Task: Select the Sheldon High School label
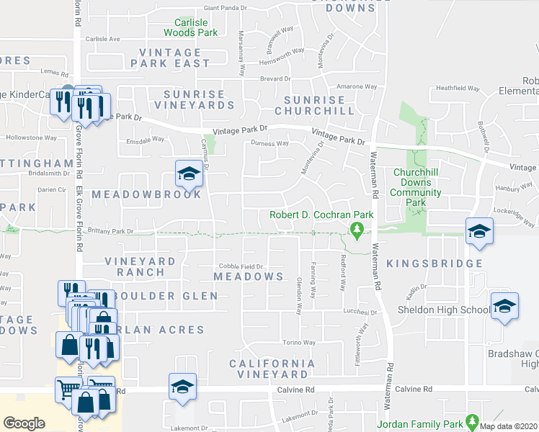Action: click(x=445, y=310)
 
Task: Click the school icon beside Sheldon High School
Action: click(x=504, y=305)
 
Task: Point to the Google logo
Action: click(x=24, y=423)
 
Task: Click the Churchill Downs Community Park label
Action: click(x=422, y=187)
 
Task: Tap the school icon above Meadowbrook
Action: click(x=188, y=173)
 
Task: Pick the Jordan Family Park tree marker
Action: click(x=472, y=420)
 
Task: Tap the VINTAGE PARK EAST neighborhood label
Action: click(x=170, y=58)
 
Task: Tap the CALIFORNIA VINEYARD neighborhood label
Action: click(x=272, y=369)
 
